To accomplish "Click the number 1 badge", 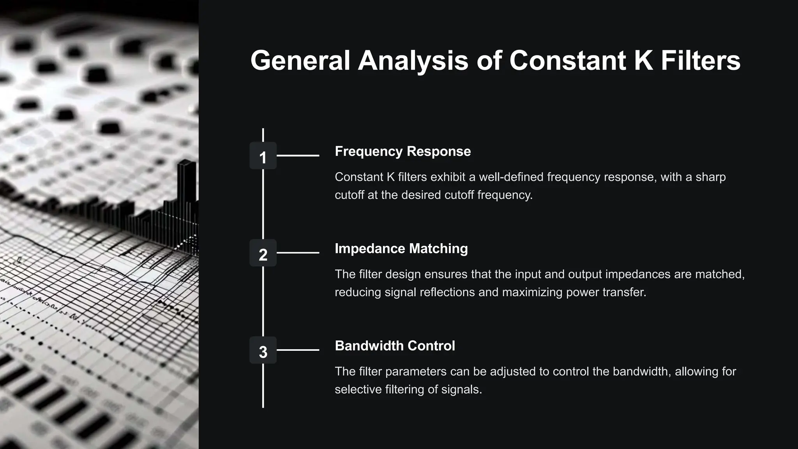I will click(x=263, y=156).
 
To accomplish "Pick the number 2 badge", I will click(x=263, y=253).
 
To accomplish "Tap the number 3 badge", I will click(x=263, y=350).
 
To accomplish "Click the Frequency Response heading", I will click(x=403, y=151).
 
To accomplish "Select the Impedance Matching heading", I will click(x=401, y=249).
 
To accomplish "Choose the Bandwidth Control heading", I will click(x=395, y=346).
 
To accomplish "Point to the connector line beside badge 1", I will click(x=298, y=156).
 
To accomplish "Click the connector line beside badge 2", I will click(x=298, y=253).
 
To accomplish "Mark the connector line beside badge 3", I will click(x=298, y=350).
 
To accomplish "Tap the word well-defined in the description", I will click(x=511, y=177).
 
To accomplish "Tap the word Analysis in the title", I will click(x=413, y=61).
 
